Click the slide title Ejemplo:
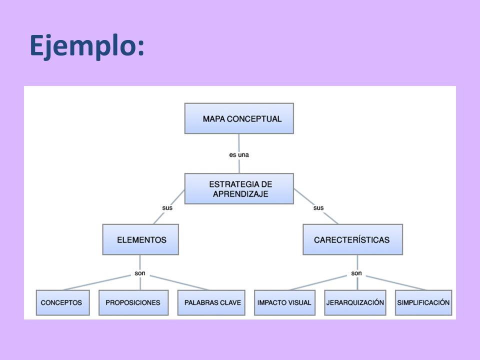click(x=87, y=46)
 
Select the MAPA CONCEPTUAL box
click(x=239, y=118)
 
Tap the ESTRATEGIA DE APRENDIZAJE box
click(x=239, y=188)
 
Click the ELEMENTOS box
click(x=140, y=239)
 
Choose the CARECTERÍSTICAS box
click(x=352, y=239)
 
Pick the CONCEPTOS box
click(x=63, y=302)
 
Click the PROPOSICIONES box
click(x=133, y=302)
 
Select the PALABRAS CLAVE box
click(x=211, y=302)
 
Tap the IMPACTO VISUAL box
click(x=284, y=302)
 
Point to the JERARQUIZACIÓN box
click(x=355, y=302)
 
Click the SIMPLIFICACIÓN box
click(x=423, y=302)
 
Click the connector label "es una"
click(x=239, y=155)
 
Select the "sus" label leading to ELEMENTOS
click(x=167, y=208)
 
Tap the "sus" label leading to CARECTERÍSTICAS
click(x=318, y=208)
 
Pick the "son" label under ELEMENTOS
click(x=140, y=273)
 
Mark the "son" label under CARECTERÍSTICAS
click(x=356, y=273)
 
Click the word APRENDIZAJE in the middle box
click(x=240, y=194)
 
